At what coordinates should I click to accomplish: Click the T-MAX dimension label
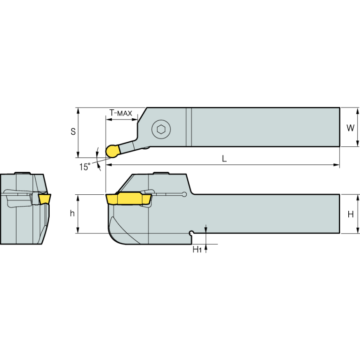[x=121, y=113]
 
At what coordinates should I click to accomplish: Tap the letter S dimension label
[x=73, y=132]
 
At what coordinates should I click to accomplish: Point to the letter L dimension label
[x=224, y=159]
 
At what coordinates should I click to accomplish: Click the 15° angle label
[x=84, y=167]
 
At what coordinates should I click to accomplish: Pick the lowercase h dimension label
[x=72, y=214]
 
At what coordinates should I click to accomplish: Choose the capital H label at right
[x=351, y=214]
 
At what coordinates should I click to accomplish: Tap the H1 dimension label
[x=197, y=249]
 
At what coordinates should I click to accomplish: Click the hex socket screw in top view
[x=161, y=130]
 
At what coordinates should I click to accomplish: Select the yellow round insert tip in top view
[x=113, y=151]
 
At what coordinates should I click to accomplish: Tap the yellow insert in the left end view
[x=44, y=199]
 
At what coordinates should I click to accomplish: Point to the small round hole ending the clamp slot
[x=184, y=194]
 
